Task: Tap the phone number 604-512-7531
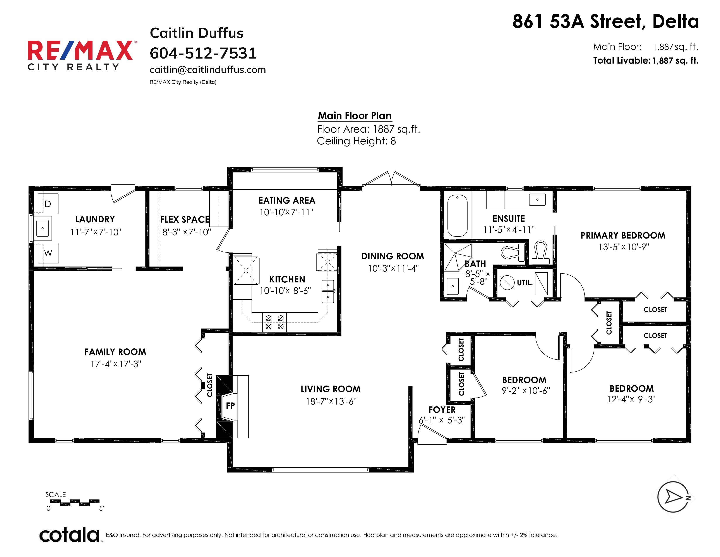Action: (203, 53)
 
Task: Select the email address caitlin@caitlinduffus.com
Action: (208, 70)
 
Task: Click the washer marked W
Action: (48, 253)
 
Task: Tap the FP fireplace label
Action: (230, 406)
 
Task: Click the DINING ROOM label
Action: (393, 256)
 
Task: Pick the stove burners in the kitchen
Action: (275, 322)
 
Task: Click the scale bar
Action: (75, 503)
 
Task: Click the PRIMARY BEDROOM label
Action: (623, 235)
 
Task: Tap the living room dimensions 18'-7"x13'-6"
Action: (331, 401)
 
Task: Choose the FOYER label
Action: (442, 410)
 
